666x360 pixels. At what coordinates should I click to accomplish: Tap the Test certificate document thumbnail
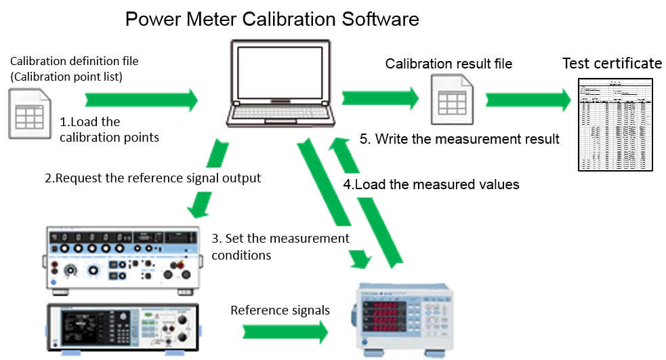pos(615,124)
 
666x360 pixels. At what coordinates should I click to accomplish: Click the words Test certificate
pos(612,64)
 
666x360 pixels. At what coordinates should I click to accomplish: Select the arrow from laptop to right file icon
pos(379,98)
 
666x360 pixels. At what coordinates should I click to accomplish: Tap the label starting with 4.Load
pos(400,184)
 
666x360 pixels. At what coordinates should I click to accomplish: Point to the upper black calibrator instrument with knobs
pos(123,258)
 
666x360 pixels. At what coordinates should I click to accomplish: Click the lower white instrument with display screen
pos(123,330)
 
